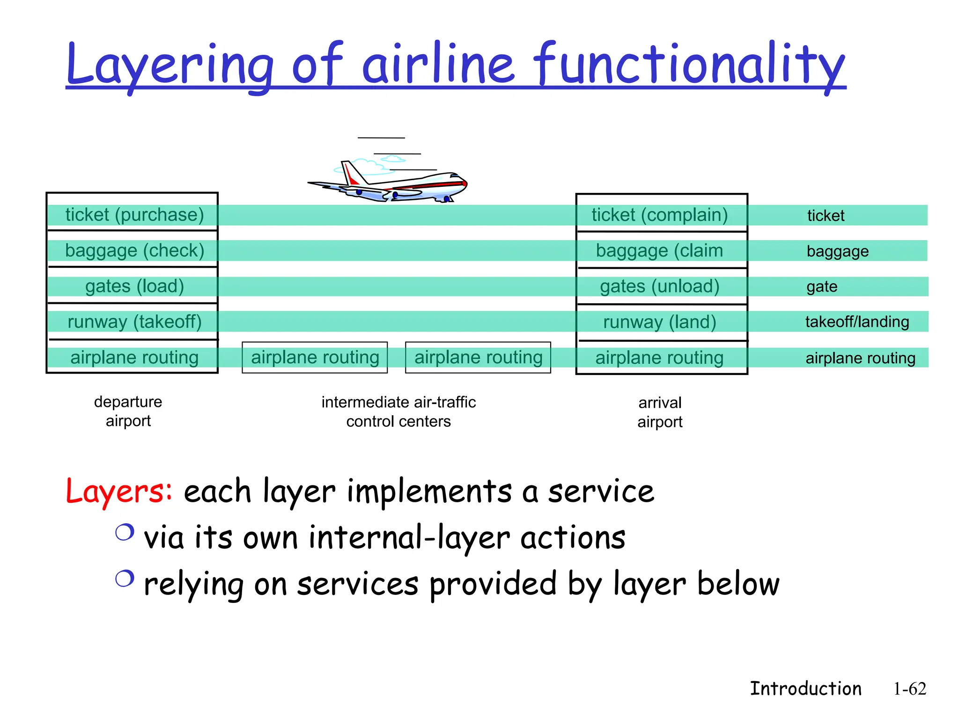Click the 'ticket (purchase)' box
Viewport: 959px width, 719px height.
point(134,215)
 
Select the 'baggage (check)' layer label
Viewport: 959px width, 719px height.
point(134,251)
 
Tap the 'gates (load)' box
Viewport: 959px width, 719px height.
point(134,286)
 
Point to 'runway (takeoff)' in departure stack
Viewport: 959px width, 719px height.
point(134,322)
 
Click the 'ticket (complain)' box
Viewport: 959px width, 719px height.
point(659,215)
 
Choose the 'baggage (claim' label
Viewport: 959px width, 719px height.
point(659,251)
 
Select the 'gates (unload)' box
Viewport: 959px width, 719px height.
point(659,286)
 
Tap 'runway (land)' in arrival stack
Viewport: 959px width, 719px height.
point(659,322)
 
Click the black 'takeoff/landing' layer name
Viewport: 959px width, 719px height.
point(857,322)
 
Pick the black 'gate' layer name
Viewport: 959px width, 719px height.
point(822,286)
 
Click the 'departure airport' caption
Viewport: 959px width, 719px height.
point(128,411)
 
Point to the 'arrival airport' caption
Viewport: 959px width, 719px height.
point(660,412)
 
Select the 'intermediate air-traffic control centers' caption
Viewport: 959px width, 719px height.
point(398,412)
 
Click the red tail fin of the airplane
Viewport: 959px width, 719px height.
point(350,174)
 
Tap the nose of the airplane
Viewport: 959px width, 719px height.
point(464,183)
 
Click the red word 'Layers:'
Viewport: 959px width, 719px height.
point(119,492)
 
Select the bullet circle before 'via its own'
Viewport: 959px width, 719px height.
point(125,532)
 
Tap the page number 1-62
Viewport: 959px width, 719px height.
point(909,689)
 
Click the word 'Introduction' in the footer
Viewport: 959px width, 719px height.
point(805,689)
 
